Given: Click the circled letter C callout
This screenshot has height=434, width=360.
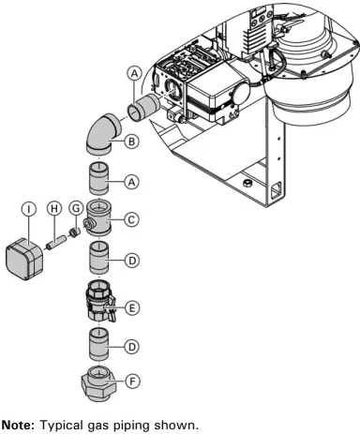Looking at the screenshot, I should (131, 220).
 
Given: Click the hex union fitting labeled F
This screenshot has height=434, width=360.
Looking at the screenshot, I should (99, 383).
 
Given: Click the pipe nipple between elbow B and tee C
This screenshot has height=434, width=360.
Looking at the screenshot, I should (99, 176).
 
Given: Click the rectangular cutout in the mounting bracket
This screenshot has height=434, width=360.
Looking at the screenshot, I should (274, 196).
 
